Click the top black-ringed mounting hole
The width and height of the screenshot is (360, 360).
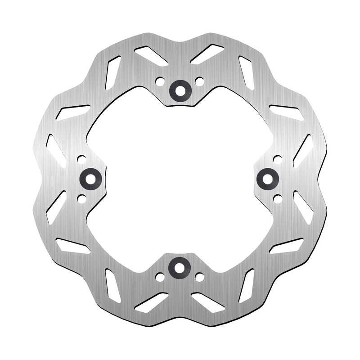[180, 90]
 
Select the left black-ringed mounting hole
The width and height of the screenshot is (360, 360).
[90, 179]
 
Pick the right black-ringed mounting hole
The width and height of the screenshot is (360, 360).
[267, 179]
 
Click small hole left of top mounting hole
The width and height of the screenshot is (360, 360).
[159, 81]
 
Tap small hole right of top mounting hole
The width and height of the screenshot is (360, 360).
[199, 81]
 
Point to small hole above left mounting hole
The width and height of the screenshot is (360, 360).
[81, 159]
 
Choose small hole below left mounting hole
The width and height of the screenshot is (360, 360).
[81, 198]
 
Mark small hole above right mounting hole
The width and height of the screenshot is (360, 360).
[278, 159]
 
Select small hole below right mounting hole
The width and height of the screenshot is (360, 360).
[278, 198]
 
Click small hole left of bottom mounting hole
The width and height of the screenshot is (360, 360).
[160, 277]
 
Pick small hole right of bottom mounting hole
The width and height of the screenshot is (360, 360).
[199, 277]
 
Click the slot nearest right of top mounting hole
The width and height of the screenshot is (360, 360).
[207, 54]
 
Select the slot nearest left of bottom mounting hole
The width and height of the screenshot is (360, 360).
[152, 302]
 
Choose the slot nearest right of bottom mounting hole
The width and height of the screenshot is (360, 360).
[207, 302]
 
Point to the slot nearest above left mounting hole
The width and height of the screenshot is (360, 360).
[56, 151]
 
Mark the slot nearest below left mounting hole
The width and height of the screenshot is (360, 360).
[56, 207]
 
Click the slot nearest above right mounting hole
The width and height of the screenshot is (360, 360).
[303, 151]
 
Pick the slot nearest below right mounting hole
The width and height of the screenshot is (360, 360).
[303, 207]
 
